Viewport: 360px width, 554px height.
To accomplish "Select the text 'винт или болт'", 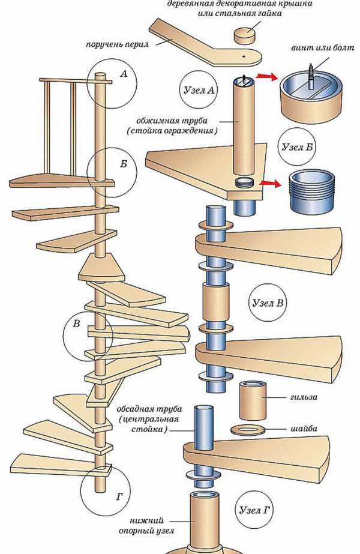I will [317, 47].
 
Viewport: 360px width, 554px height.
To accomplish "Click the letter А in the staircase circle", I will [124, 74].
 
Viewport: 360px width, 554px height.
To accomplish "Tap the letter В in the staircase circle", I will [76, 324].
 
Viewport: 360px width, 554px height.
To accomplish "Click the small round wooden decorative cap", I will [244, 35].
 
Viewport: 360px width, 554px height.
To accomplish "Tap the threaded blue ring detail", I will [311, 191].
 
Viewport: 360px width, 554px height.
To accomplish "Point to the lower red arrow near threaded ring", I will [271, 183].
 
